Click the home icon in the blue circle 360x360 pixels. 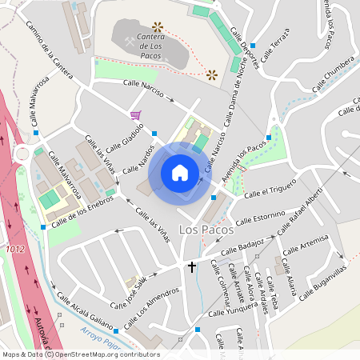tap(180, 173)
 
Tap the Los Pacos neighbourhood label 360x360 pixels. tap(206, 230)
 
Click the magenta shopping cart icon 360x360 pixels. tap(135, 115)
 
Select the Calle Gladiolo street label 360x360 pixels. tap(123, 136)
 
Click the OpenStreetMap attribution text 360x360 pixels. tap(80, 354)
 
